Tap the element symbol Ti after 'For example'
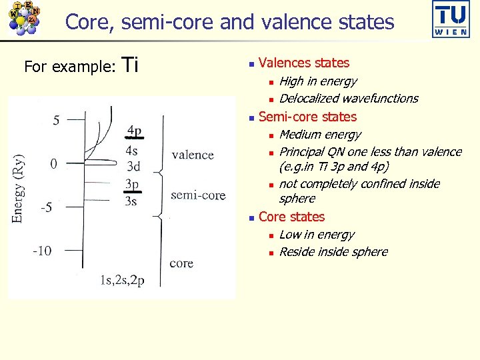coord(131,65)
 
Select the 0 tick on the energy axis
coord(53,163)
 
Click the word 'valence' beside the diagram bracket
coord(193,155)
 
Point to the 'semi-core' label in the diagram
coord(198,195)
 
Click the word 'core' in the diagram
coord(181,263)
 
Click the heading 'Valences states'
coord(303,63)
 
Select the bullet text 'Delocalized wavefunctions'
coord(349,99)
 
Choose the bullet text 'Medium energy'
coord(320,135)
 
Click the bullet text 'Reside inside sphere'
coord(333,252)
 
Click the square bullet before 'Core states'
coord(249,217)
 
